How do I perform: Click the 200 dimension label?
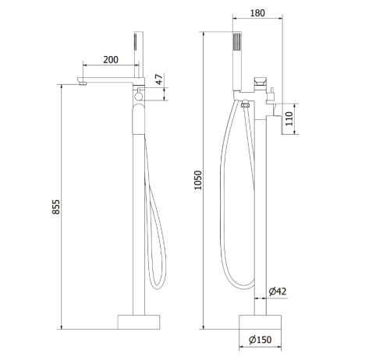(x=111, y=60)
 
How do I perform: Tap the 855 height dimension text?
(x=56, y=206)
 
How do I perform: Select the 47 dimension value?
(x=159, y=79)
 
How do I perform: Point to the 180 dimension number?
(x=257, y=13)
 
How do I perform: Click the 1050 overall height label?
(x=198, y=180)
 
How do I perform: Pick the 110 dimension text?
(x=289, y=118)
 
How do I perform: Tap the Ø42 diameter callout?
(x=278, y=291)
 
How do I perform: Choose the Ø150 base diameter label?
(x=260, y=340)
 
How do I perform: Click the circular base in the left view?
(x=139, y=322)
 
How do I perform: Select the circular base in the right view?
(x=260, y=322)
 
